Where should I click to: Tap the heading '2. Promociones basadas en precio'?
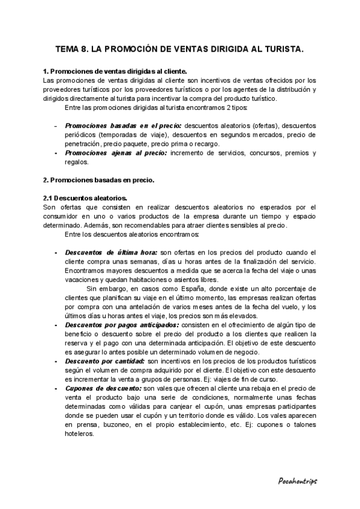pyautogui.click(x=98, y=179)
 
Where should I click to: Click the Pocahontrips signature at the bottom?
pyautogui.click(x=298, y=481)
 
